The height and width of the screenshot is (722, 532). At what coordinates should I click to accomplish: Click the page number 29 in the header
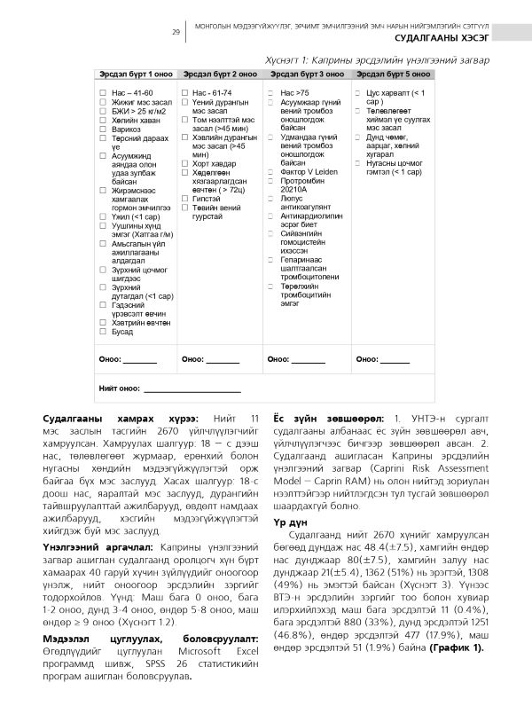click(176, 32)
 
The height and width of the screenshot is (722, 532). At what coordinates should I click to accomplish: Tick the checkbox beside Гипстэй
click(185, 200)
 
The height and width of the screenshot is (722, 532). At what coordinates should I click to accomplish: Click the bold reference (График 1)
click(457, 622)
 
